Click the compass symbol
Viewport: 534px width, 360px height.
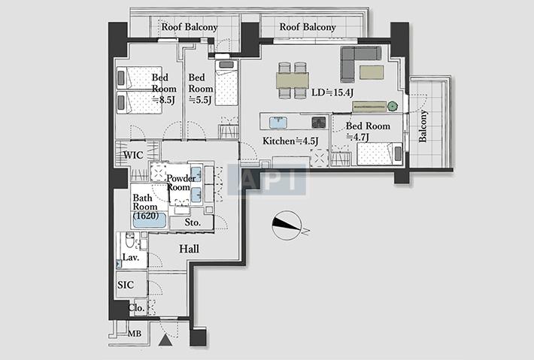tap(287, 225)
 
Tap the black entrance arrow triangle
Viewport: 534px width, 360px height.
tap(165, 340)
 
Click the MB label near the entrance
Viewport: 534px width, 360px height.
tap(135, 334)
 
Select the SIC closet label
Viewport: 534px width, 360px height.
tap(126, 285)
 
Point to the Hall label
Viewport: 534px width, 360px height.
tap(189, 249)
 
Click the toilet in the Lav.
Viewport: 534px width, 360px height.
tap(130, 241)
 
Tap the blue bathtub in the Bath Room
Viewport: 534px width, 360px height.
tap(149, 219)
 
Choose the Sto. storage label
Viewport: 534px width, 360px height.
tap(193, 222)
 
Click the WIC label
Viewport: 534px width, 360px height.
tap(133, 155)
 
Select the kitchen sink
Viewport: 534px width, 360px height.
tap(278, 123)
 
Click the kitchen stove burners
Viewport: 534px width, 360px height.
tap(319, 123)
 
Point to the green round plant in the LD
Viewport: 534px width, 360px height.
tap(393, 106)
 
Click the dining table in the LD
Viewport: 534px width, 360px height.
tap(293, 80)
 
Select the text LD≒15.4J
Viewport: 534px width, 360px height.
tap(332, 92)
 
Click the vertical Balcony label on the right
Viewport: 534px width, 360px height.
tap(423, 126)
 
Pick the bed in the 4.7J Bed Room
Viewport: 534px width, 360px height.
tap(380, 153)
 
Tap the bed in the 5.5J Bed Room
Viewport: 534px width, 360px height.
tap(226, 83)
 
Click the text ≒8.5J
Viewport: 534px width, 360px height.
tap(163, 100)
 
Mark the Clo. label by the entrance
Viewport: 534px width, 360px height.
tap(137, 308)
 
